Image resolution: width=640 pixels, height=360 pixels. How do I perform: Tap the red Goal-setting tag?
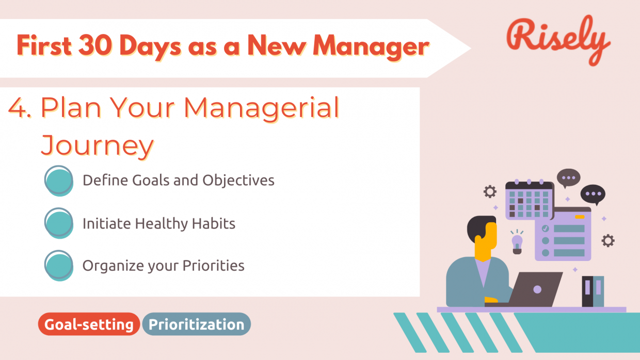tap(89, 324)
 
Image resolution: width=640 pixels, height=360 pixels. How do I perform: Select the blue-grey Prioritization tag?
tap(196, 324)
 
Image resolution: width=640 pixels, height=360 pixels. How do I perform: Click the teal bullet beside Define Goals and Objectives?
tap(58, 180)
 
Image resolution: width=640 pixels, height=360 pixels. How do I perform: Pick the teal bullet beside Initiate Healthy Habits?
tap(58, 223)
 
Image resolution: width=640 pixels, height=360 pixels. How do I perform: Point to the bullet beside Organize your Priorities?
tap(58, 265)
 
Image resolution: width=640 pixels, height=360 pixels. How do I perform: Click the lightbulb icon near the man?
tap(517, 242)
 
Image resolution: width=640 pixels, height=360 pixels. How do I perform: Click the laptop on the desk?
tap(537, 289)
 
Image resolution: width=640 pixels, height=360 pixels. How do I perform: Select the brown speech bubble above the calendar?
tap(568, 178)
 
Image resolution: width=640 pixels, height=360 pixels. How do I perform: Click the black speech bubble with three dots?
tap(593, 195)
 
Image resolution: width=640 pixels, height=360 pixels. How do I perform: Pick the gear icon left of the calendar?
tap(489, 192)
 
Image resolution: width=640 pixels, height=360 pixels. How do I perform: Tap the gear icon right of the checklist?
tap(608, 240)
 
